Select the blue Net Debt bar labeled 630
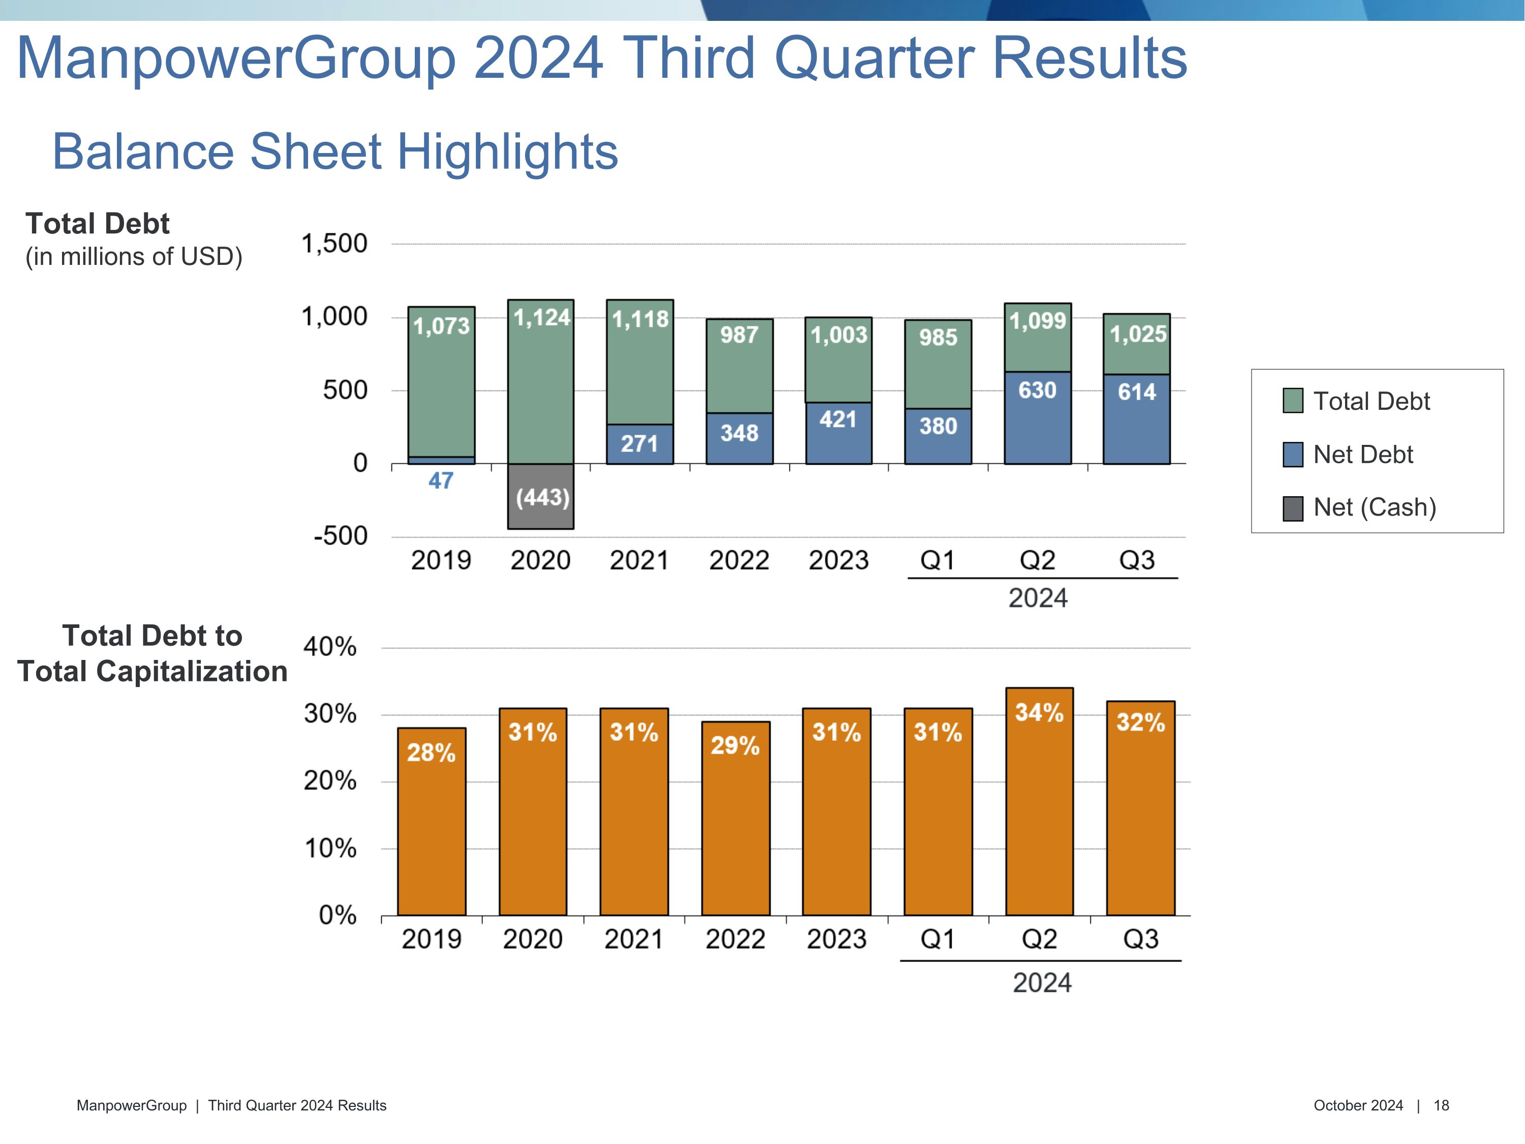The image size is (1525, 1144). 1038,418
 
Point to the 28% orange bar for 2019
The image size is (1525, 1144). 432,821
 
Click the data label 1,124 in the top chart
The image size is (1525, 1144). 542,317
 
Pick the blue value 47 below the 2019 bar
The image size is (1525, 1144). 441,480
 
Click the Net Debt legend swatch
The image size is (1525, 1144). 1293,455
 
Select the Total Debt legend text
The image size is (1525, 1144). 1371,401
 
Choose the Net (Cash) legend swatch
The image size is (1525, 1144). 1293,508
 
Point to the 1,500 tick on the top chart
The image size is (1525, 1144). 334,244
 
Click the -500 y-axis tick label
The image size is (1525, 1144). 341,536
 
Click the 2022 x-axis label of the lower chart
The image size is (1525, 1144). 735,939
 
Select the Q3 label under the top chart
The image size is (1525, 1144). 1137,560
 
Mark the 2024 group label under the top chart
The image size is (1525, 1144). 1038,598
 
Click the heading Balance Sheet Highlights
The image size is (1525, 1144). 335,151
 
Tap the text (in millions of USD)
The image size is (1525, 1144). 134,257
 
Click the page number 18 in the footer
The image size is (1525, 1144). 1441,1105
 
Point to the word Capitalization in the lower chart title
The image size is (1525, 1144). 192,671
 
